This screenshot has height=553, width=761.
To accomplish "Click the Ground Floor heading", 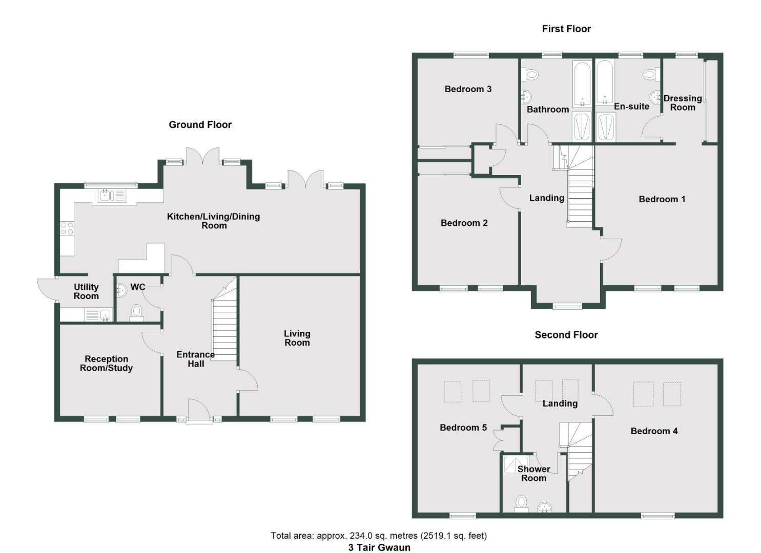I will click(200, 124).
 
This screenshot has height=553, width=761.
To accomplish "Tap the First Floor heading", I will click(566, 29).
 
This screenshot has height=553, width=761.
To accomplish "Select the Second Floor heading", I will click(566, 335).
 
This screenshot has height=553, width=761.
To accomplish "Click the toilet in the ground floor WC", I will click(136, 312).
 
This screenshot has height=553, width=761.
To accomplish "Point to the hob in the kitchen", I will click(67, 228).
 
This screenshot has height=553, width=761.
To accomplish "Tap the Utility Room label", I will click(86, 291).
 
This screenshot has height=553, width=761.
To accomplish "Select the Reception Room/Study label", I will click(106, 364).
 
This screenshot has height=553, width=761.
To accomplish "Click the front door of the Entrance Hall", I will click(199, 411).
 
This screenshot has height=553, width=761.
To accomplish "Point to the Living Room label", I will click(297, 338).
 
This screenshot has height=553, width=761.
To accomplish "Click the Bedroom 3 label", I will click(468, 89).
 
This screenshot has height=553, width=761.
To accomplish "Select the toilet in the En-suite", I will click(650, 75).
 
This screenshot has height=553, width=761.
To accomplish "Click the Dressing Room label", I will click(683, 102).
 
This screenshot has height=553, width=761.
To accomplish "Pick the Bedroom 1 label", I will click(662, 199).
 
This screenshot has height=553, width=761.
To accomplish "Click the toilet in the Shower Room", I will click(522, 503).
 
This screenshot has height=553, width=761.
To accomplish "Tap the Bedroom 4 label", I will click(654, 431).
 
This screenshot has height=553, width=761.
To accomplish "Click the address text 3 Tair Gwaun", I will click(379, 547).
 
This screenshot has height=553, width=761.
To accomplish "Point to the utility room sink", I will click(99, 314).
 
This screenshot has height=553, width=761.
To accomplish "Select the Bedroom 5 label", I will click(463, 428).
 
